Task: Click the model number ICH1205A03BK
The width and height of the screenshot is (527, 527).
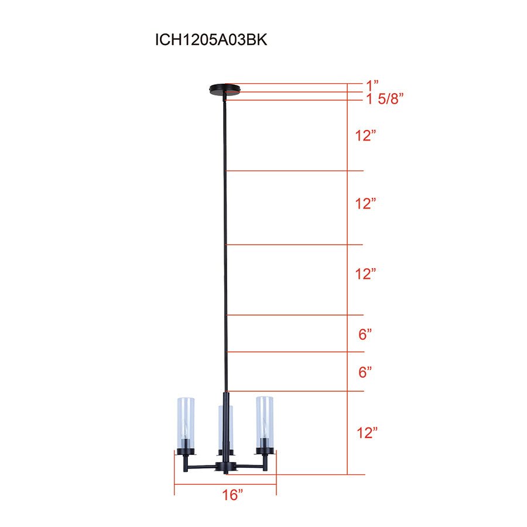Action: (x=211, y=40)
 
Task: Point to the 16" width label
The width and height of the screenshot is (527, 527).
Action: (x=232, y=495)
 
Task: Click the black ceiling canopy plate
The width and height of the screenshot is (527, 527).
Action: (x=225, y=90)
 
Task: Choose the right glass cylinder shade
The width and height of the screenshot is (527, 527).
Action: (x=264, y=422)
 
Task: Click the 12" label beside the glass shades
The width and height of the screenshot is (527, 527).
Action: (x=367, y=433)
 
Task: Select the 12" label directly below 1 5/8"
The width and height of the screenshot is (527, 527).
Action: (x=365, y=135)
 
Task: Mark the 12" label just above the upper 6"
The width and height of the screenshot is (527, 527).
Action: (x=365, y=273)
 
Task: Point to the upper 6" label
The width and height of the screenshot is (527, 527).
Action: (x=365, y=334)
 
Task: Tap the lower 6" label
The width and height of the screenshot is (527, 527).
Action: (x=365, y=372)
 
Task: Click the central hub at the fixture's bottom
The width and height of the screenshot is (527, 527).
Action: (x=225, y=467)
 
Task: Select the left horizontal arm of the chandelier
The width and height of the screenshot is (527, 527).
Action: (x=202, y=467)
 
